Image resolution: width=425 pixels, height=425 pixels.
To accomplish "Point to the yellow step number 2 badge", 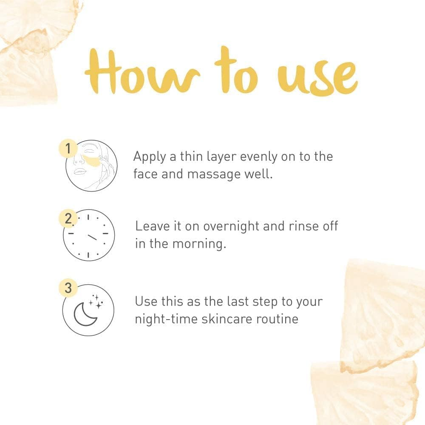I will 68,219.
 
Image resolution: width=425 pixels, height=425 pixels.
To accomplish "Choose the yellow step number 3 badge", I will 68,288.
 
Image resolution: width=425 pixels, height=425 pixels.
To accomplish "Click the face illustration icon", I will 91,166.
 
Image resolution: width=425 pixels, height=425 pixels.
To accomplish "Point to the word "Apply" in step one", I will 149,157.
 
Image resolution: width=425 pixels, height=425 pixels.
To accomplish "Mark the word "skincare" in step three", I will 226,319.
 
